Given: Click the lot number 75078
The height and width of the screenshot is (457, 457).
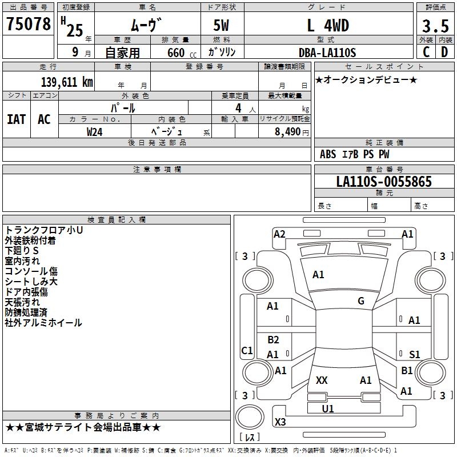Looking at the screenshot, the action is (x=29, y=23).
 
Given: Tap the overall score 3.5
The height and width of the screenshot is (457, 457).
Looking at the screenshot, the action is (x=435, y=26).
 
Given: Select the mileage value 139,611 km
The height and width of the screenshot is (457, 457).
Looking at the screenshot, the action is (x=67, y=82).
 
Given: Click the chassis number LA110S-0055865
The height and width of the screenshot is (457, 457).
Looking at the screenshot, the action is (x=384, y=181).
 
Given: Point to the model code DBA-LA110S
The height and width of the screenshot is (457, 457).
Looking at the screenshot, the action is (x=327, y=53).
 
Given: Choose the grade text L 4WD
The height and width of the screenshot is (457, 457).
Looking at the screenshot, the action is (x=328, y=25).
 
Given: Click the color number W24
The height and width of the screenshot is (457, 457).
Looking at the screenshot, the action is (x=94, y=132).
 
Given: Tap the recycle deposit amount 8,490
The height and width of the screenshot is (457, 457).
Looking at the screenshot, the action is (x=287, y=132).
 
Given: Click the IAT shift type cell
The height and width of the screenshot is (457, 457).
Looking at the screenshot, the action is (x=17, y=119).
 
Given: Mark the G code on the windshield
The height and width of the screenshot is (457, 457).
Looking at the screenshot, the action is (x=361, y=301).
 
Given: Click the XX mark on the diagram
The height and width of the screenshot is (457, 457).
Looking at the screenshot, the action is (x=322, y=380).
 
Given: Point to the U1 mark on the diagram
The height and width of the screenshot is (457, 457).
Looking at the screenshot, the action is (x=327, y=408).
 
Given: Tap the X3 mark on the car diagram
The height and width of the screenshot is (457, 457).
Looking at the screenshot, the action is (x=280, y=422).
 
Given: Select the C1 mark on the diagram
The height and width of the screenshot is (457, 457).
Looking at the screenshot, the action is (x=247, y=350).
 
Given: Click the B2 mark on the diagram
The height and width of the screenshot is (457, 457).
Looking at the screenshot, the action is (x=273, y=339).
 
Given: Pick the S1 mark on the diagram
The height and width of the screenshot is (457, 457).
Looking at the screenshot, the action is (x=414, y=354).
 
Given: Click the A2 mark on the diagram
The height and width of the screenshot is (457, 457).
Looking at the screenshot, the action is (x=279, y=234).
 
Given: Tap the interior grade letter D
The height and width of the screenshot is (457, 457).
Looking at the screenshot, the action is (x=444, y=52).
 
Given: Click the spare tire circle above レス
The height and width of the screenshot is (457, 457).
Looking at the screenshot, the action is (x=250, y=417).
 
